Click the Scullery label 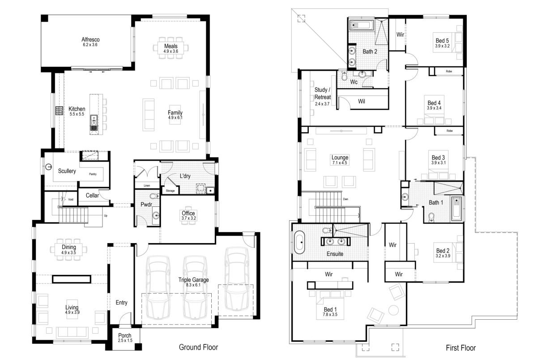click(67, 171)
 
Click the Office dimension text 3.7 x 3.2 click(188, 219)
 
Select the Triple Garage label click(194, 280)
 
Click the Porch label click(124, 335)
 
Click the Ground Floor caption click(198, 347)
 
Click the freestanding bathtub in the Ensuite click(299, 242)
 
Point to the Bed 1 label click(330, 309)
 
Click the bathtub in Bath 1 click(456, 209)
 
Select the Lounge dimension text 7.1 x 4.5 click(339, 163)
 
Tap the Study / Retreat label click(322, 94)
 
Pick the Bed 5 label click(442, 40)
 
